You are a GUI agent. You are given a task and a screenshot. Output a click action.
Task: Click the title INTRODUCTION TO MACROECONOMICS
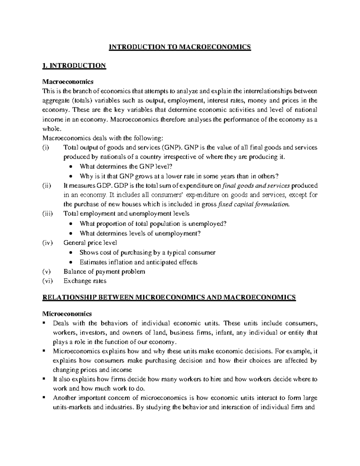click(x=179, y=47)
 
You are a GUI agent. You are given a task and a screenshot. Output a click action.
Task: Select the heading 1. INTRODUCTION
click(x=74, y=66)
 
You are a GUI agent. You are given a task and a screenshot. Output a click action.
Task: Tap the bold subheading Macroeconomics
click(x=68, y=82)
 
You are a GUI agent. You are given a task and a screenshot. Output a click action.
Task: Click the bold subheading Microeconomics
click(x=67, y=314)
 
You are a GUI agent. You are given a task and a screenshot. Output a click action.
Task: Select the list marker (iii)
click(x=48, y=214)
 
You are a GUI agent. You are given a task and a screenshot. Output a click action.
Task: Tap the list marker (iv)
click(x=48, y=242)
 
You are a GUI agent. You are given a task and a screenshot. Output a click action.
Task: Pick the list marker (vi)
click(x=48, y=281)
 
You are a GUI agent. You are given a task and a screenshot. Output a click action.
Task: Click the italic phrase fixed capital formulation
click(x=254, y=205)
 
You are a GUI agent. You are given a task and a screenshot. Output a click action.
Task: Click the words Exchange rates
click(x=85, y=281)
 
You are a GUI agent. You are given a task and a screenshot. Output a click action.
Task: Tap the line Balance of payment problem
click(x=104, y=272)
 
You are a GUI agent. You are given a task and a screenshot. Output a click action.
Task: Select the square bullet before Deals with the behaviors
click(x=44, y=323)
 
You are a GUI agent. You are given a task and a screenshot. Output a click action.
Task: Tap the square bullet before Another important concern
click(x=44, y=398)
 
